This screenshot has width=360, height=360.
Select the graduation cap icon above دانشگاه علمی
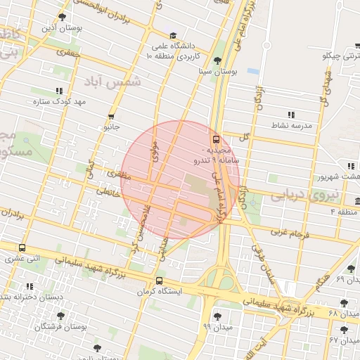(173, 35)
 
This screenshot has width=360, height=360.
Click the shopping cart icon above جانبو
(111, 117)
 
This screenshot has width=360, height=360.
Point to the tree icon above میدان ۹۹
(217, 316)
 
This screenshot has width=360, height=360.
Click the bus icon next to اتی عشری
(22, 248)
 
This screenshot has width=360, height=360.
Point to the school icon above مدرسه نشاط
(290, 114)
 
